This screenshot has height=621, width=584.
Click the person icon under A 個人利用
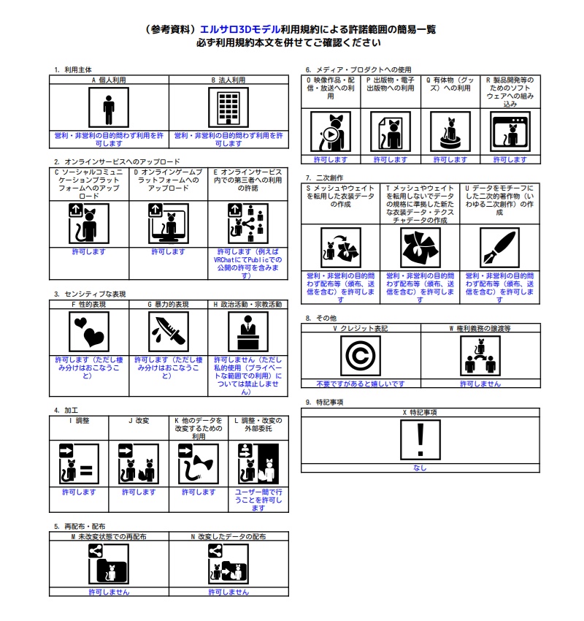point(109,108)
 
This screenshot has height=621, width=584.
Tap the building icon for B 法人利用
point(228,108)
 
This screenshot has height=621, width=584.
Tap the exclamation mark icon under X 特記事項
point(420,441)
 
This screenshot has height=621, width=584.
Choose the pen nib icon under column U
point(499,248)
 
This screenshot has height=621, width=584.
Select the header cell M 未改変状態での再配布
point(109,536)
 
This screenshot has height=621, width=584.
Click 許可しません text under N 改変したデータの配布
point(228,592)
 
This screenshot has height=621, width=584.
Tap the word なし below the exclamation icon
point(420,468)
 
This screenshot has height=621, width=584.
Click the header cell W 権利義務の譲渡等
point(479,328)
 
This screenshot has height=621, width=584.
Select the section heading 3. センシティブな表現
point(90,294)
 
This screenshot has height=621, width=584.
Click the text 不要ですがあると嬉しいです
point(361,384)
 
